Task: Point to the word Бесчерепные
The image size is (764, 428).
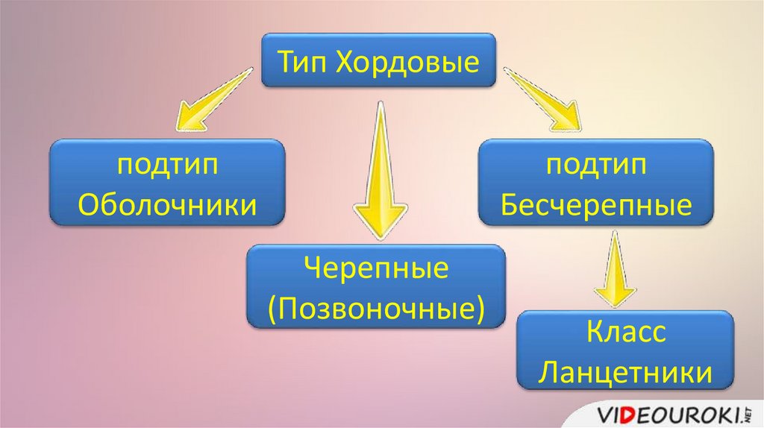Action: pyautogui.click(x=596, y=204)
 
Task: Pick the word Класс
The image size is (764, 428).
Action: pyautogui.click(x=625, y=333)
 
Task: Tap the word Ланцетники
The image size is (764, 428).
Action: pyautogui.click(x=625, y=371)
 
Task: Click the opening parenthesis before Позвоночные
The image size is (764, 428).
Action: pyautogui.click(x=273, y=308)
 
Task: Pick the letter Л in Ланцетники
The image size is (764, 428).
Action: pyautogui.click(x=548, y=371)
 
